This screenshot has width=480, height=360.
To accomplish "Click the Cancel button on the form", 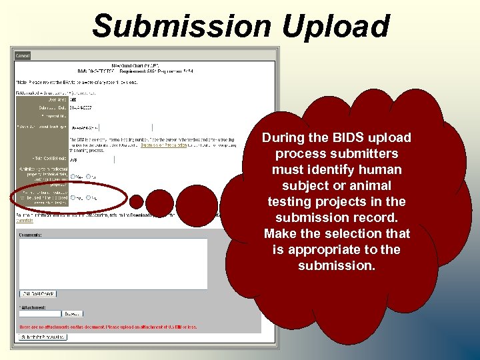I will (x=23, y=56).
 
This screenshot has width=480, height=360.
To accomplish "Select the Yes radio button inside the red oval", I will (x=73, y=198).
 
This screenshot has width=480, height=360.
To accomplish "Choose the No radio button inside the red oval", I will (x=89, y=198).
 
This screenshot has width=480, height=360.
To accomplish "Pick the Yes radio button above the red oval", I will (x=73, y=177).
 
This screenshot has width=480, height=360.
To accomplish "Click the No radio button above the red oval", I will (x=89, y=177).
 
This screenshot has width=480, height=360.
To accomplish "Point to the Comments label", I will (x=31, y=235).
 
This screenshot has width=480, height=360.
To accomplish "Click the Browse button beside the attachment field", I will (x=73, y=313).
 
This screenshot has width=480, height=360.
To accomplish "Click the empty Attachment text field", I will (x=41, y=313).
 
